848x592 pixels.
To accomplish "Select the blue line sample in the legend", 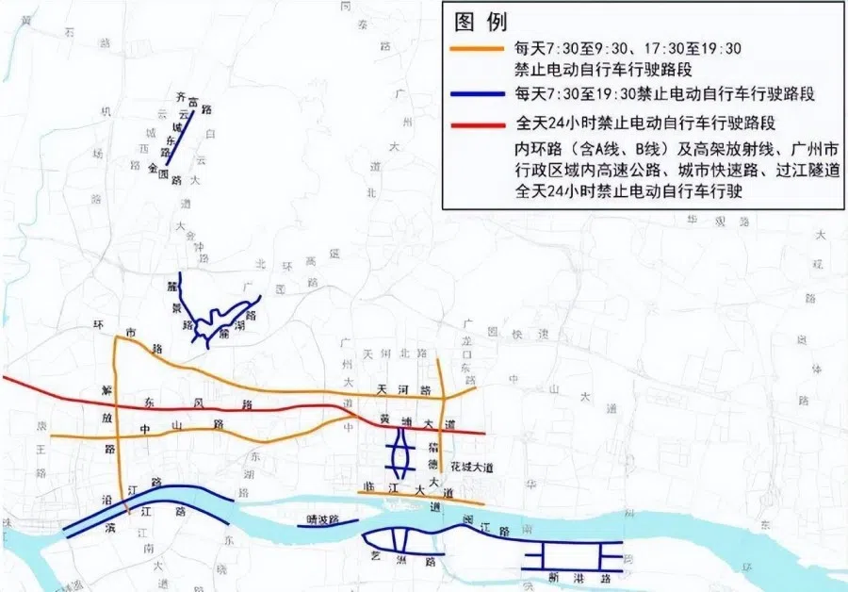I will (x=480, y=93).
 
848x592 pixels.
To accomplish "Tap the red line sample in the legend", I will (x=480, y=123).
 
